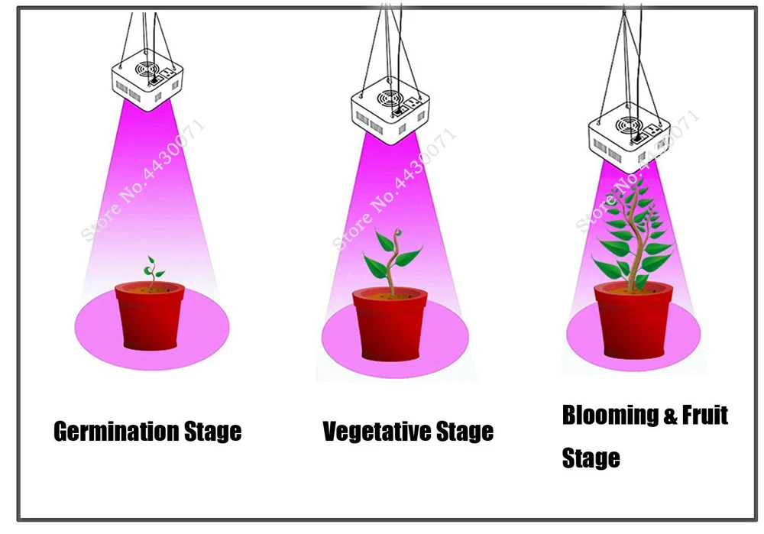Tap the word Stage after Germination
(212, 432)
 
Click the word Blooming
(606, 416)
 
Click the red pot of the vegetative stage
(390, 324)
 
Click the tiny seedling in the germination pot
(153, 272)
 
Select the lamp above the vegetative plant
(390, 111)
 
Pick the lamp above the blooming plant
(629, 138)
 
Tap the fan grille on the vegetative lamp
(390, 99)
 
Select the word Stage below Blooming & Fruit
(591, 458)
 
